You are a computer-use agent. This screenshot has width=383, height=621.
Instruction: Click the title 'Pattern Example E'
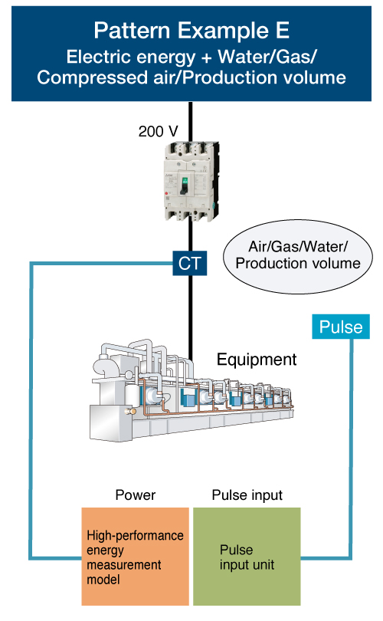point(191,31)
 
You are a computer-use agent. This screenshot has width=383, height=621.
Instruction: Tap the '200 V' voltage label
point(158,131)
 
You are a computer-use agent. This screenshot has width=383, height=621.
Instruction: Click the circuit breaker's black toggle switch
point(184,186)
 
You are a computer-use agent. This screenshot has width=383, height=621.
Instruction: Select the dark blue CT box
point(190,264)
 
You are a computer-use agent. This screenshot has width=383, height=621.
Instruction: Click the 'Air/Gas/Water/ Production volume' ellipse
point(298,256)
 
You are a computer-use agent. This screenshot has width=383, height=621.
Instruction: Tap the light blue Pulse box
point(341,327)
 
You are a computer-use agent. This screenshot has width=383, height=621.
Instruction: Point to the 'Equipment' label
point(257,360)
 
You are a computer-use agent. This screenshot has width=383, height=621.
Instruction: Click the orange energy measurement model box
point(136,557)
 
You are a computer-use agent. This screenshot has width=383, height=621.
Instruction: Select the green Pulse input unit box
point(247,557)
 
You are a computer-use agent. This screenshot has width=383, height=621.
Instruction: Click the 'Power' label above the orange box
point(136,495)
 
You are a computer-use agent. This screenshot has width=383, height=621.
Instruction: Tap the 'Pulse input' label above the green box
point(247,495)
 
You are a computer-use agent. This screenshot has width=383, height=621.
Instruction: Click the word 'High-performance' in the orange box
point(135,535)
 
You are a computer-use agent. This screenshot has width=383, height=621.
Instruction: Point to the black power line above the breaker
point(190,122)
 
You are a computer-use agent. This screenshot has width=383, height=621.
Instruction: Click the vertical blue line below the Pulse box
point(351,448)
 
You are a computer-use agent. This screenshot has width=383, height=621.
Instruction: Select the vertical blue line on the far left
point(31,411)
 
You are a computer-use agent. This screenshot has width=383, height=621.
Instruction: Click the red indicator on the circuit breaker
point(166,193)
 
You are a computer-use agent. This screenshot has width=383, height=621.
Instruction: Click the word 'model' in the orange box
point(103,580)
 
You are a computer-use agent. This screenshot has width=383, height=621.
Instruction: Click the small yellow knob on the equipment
point(128,412)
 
